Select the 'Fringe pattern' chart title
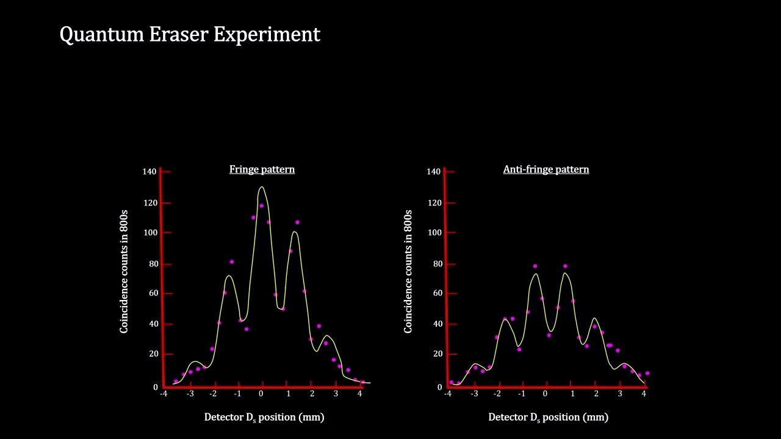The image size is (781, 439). pos(262,170)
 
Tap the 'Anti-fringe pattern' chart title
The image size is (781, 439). pos(546,170)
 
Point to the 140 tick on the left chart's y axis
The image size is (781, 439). pos(149,171)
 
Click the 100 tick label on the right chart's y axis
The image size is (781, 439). pos(434,232)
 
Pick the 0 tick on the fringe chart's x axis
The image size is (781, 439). pos(261,394)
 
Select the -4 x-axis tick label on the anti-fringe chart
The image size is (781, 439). pos(448,394)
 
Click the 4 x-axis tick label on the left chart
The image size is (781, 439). pos(360,394)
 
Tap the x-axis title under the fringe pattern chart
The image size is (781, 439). pos(264,418)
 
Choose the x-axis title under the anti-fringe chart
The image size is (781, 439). pos(548,418)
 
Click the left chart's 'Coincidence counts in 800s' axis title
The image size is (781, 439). pos(124,271)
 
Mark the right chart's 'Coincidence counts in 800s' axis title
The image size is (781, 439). pos(408,271)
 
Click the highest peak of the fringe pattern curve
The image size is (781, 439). pos(262,187)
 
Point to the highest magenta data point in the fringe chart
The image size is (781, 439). pos(262,205)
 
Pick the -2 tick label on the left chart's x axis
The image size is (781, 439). pos(213,394)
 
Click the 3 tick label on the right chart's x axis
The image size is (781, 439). pos(620,394)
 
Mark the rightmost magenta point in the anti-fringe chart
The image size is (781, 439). pos(647,373)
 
